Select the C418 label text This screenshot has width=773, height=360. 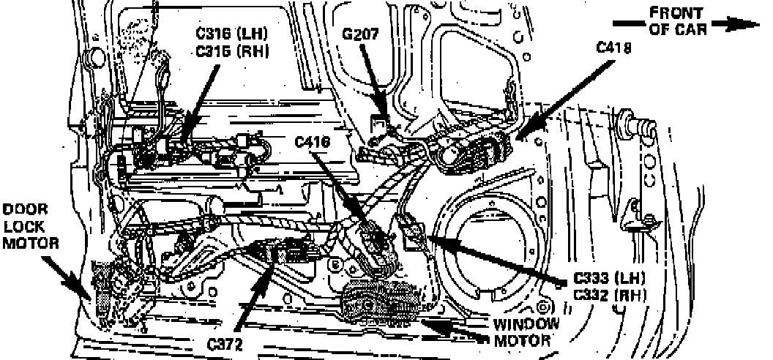pos(614,48)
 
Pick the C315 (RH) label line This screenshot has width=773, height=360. pos(233,51)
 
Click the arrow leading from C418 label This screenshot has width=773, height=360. pos(564,96)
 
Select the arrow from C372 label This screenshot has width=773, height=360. pos(253,293)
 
